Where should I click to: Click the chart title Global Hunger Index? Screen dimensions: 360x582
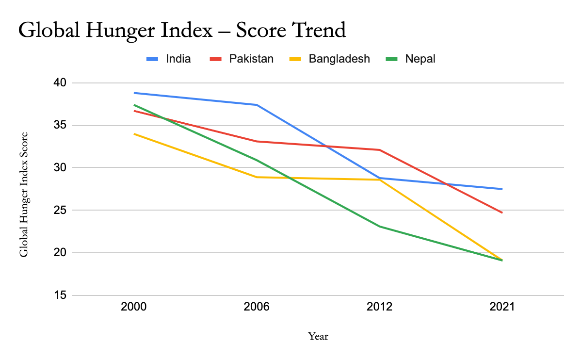[x=182, y=30]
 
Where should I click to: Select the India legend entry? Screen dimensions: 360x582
[x=178, y=59]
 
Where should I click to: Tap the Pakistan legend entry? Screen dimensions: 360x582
[x=251, y=59]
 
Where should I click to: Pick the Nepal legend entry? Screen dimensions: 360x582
[x=420, y=59]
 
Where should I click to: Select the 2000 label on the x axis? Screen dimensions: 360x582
[x=133, y=307]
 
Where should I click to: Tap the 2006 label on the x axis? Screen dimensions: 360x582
[x=257, y=307]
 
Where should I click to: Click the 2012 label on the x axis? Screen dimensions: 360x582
[x=379, y=307]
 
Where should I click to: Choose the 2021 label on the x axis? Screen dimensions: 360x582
[x=502, y=307]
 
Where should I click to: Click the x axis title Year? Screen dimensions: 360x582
[x=318, y=336]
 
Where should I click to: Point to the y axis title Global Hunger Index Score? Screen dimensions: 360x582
[x=24, y=194]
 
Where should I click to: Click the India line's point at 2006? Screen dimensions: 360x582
[x=257, y=105]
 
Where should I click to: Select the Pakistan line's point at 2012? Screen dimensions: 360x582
[x=379, y=150]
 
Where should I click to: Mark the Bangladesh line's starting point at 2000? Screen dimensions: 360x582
[x=134, y=133]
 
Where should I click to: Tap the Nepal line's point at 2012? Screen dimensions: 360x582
[x=379, y=227]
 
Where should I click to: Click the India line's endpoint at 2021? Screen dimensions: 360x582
[x=502, y=189]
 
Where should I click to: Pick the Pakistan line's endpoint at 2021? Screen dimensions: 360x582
[x=502, y=213]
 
